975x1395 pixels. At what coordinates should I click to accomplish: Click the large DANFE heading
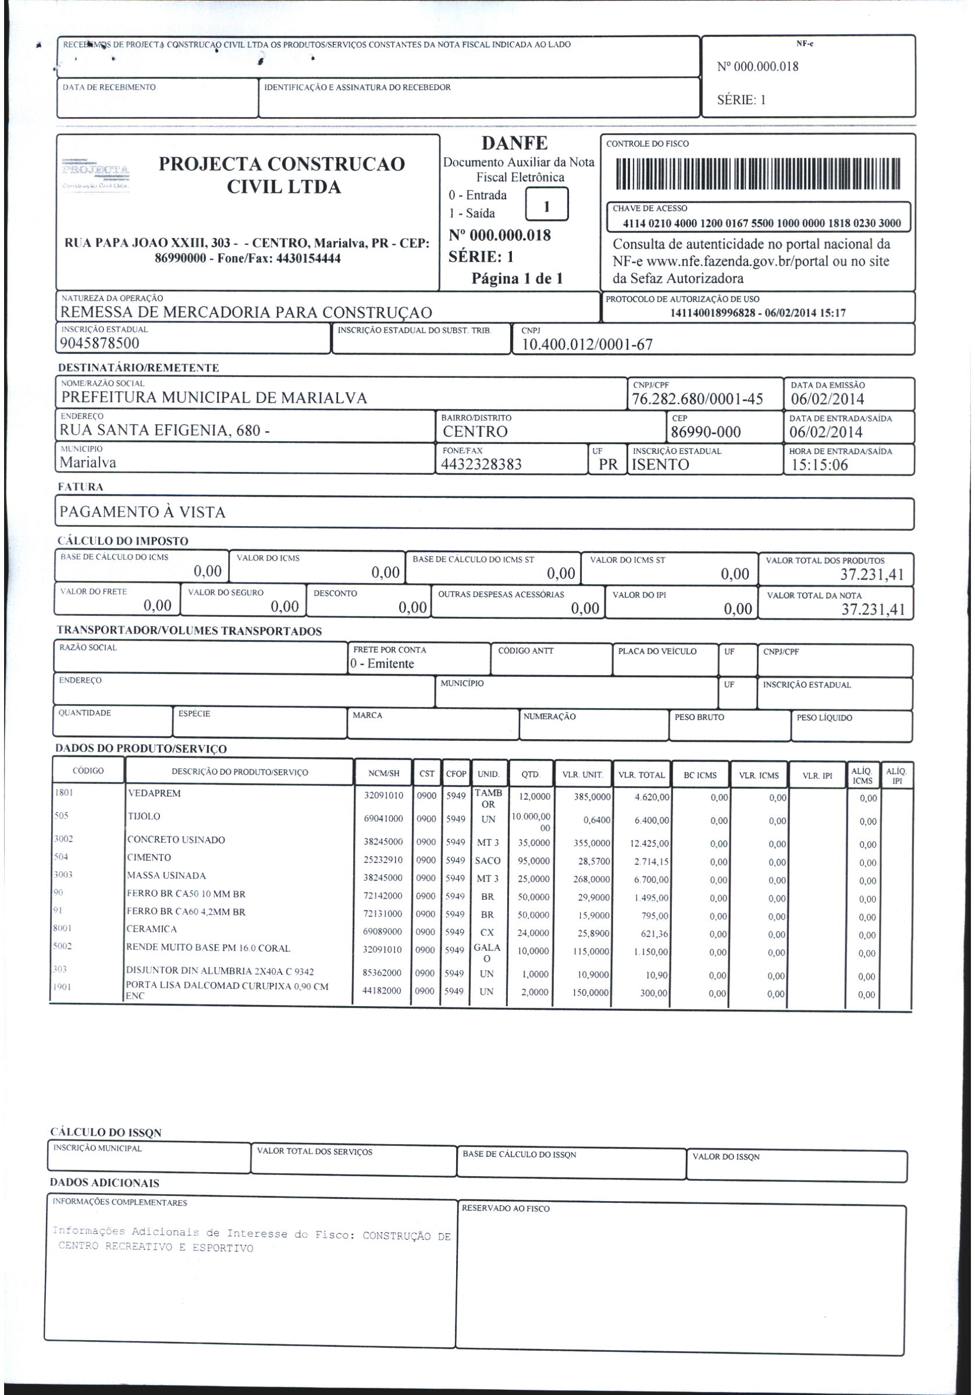click(x=514, y=143)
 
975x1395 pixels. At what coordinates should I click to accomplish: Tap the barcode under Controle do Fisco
click(x=757, y=175)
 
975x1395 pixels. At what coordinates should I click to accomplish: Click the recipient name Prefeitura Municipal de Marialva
click(x=214, y=398)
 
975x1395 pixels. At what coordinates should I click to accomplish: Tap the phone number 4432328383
click(x=481, y=465)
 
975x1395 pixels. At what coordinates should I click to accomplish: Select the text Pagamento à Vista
click(x=143, y=512)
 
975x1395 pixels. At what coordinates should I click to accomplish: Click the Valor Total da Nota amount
click(x=873, y=609)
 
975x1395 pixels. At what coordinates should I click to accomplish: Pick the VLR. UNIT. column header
click(x=582, y=775)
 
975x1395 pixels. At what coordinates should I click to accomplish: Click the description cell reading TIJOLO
click(x=144, y=817)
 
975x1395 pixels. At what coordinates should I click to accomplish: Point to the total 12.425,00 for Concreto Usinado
click(x=649, y=844)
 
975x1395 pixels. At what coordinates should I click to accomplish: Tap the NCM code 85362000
click(x=382, y=972)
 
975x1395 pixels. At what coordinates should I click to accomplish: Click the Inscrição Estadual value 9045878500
click(x=99, y=343)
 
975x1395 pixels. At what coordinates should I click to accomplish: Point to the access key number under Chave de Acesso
click(x=762, y=223)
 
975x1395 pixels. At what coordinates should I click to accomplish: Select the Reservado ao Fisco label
click(x=505, y=1208)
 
